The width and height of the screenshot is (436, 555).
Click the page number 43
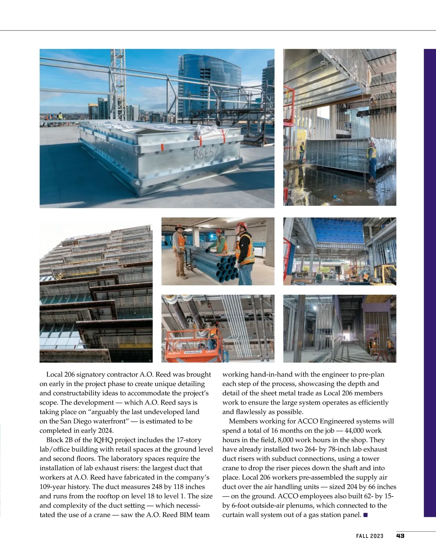coord(400,536)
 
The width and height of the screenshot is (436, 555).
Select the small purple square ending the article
coord(366,515)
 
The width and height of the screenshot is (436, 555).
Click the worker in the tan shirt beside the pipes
coord(179,253)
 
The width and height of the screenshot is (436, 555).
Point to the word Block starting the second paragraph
coord(55,440)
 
